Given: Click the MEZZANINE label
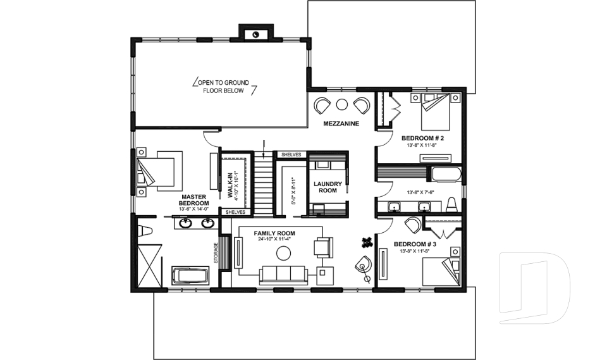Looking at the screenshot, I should pyautogui.click(x=341, y=123).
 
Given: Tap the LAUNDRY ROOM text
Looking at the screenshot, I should pyautogui.click(x=328, y=187).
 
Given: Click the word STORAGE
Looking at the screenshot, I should pyautogui.click(x=216, y=253).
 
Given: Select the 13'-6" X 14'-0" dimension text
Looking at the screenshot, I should pyautogui.click(x=194, y=209).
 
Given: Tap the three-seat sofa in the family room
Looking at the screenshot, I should pyautogui.click(x=283, y=274).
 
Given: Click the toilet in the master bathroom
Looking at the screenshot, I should pyautogui.click(x=144, y=229).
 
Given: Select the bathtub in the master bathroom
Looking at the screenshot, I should pyautogui.click(x=190, y=276).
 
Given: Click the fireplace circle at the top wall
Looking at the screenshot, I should pyautogui.click(x=255, y=34).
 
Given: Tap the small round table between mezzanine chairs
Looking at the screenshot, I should pyautogui.click(x=342, y=104).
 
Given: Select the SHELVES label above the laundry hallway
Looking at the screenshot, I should pyautogui.click(x=291, y=154).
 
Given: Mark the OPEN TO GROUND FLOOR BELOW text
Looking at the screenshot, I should pyautogui.click(x=225, y=87).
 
